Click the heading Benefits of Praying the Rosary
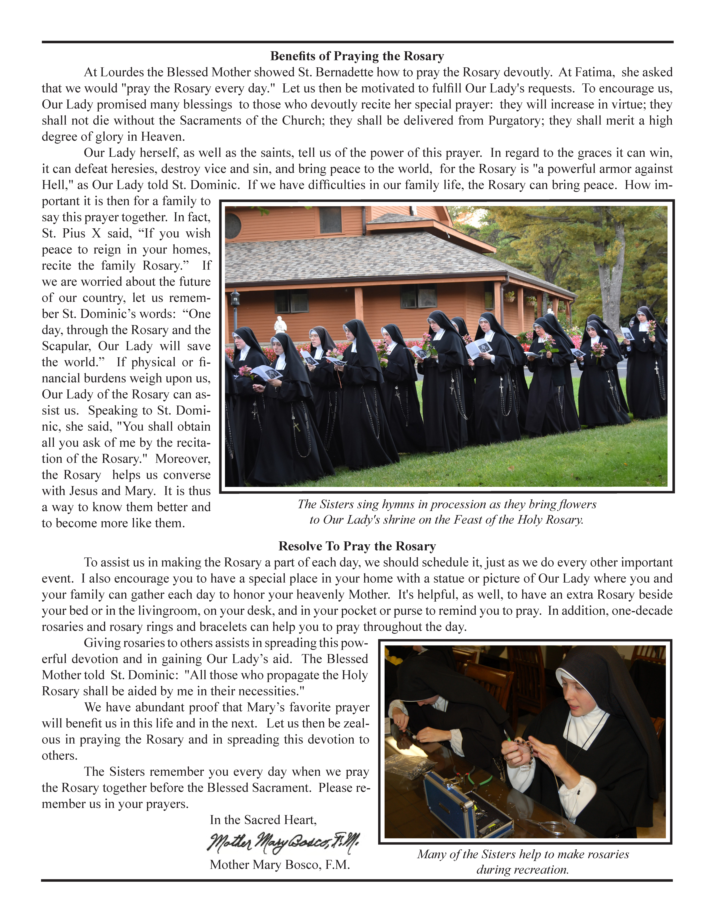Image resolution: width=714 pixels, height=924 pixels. pos(357,56)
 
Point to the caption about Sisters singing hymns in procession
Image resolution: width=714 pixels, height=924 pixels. pos(447,512)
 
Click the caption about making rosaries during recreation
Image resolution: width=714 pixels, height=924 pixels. pos(523,862)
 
